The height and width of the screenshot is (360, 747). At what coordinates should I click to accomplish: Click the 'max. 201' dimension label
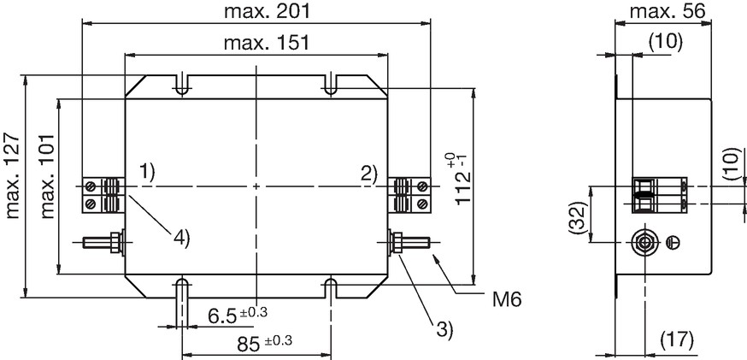point(267,10)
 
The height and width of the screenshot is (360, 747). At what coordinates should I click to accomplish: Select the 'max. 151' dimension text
point(267,43)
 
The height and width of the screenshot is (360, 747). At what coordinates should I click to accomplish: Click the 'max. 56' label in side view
point(667,11)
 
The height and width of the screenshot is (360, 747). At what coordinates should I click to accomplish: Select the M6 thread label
point(507,300)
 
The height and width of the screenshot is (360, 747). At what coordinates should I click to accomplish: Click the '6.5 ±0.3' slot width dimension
point(238,315)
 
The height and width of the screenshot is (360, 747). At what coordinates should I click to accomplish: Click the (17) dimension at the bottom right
point(677,340)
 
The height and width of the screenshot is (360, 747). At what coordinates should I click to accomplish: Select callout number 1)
point(147,172)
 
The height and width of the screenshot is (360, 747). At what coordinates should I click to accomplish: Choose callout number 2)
point(369,174)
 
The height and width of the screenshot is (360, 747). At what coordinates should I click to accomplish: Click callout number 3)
point(443,329)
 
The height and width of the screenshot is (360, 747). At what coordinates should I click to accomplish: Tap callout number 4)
point(181,238)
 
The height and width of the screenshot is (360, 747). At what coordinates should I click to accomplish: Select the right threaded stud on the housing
point(409,242)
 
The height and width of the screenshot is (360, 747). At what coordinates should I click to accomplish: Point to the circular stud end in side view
point(644,243)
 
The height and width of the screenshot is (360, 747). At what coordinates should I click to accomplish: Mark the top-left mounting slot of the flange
point(182,85)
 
